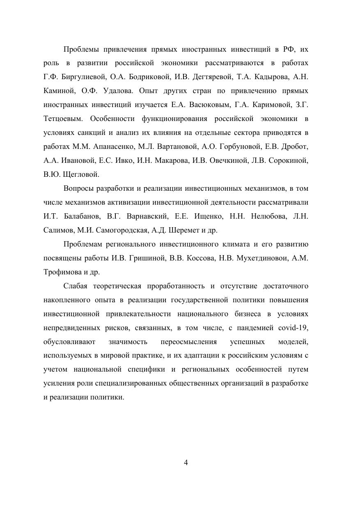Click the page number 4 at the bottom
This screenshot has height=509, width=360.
click(x=186, y=463)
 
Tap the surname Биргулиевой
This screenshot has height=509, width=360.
click(x=84, y=77)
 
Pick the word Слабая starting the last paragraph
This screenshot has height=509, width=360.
click(x=76, y=286)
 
